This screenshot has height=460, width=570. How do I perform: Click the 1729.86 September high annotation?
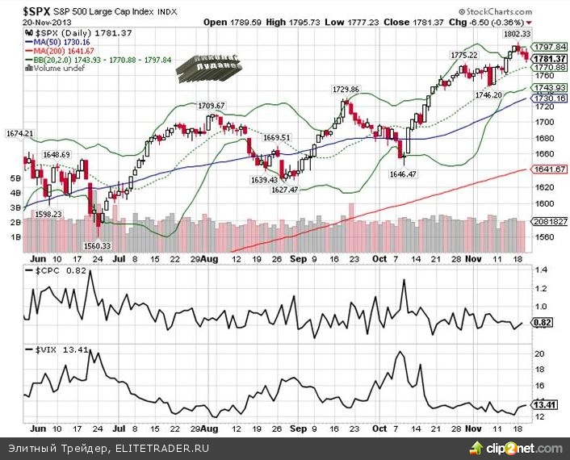coord(346,89)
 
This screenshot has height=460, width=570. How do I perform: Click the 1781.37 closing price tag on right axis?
coord(547,58)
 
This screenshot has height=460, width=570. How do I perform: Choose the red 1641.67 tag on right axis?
coord(547,169)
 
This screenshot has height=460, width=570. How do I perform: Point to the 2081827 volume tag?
coord(547,222)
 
